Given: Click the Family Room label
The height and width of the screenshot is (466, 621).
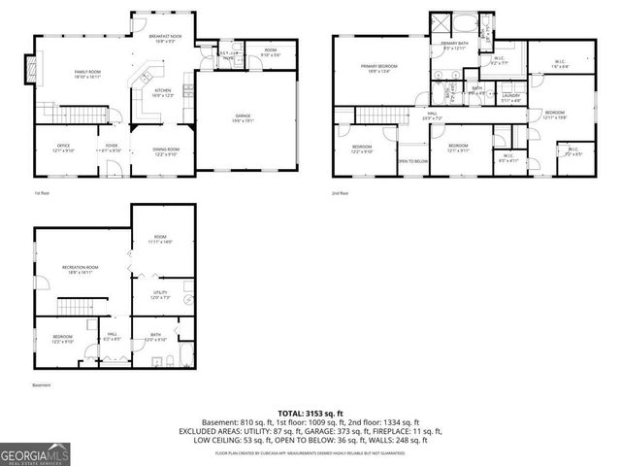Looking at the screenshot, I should click(88, 74).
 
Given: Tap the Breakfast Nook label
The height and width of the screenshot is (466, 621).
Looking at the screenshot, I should click(162, 40).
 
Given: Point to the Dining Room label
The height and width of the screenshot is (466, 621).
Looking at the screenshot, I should click(165, 150).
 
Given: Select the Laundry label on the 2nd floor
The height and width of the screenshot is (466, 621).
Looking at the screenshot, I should click(510, 97).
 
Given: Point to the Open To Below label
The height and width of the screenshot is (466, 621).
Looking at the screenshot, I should click(412, 160).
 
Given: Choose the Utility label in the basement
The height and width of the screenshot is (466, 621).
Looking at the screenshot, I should click(160, 294).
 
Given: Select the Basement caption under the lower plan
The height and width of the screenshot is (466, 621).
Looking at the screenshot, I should click(42, 384).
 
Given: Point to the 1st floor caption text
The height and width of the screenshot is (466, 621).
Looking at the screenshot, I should click(43, 192).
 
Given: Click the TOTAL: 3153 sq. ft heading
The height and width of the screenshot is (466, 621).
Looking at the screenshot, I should click(310, 413).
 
